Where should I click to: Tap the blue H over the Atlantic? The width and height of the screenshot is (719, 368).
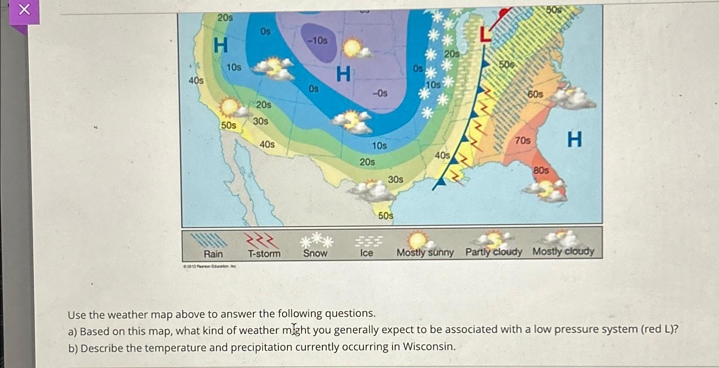(x=574, y=139)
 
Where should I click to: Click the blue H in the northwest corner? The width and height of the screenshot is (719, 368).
(x=220, y=45)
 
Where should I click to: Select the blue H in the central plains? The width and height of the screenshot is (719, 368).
(x=343, y=74)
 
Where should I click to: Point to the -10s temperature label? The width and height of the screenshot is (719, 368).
(x=317, y=41)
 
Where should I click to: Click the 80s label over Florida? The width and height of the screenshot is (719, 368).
(x=541, y=170)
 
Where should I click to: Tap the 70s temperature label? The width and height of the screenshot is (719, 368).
(x=522, y=140)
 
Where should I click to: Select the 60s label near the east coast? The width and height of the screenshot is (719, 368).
(x=535, y=94)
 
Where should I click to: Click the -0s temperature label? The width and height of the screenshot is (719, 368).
(x=380, y=93)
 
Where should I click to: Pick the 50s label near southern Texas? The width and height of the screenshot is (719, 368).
(x=385, y=215)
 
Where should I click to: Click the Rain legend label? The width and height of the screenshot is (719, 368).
(x=213, y=254)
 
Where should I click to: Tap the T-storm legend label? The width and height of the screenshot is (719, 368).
(x=264, y=254)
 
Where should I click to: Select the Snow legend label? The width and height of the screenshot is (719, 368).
(x=315, y=253)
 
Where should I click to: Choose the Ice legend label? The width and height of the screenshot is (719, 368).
(x=366, y=253)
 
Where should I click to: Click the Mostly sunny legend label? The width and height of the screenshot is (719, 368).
(x=425, y=253)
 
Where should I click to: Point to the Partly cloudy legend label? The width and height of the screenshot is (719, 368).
(x=493, y=252)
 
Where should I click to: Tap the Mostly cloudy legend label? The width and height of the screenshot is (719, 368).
(x=563, y=251)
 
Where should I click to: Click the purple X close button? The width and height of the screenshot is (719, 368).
(x=24, y=10)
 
